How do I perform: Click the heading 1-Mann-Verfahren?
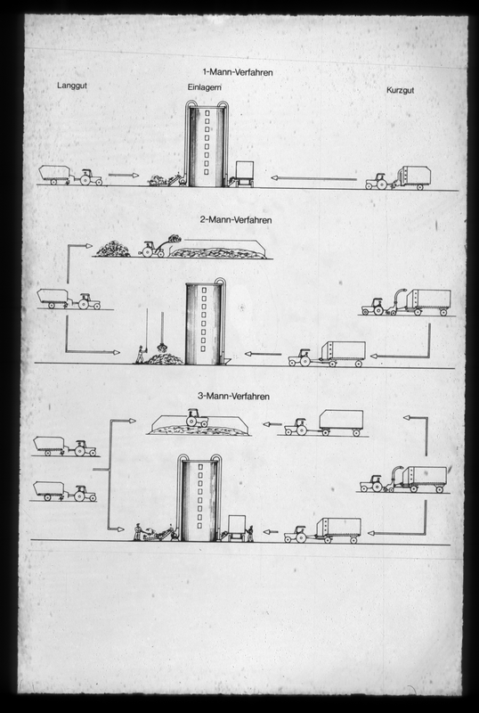coord(238,72)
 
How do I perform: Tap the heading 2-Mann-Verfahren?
coord(236,219)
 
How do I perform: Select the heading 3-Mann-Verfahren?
coord(233,396)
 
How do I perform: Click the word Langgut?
coord(72,86)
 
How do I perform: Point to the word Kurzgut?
coord(401,90)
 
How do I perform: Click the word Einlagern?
coord(205,87)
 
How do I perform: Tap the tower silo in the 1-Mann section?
coord(207,143)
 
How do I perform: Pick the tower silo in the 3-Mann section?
coord(199,497)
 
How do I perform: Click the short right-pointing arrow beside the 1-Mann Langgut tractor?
coord(124,175)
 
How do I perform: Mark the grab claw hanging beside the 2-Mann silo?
coord(162,347)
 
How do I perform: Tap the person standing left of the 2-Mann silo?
coord(142,354)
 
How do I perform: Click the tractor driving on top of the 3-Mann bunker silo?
coord(198,417)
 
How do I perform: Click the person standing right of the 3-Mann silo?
coord(249,533)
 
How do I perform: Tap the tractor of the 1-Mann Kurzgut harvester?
coord(378,182)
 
